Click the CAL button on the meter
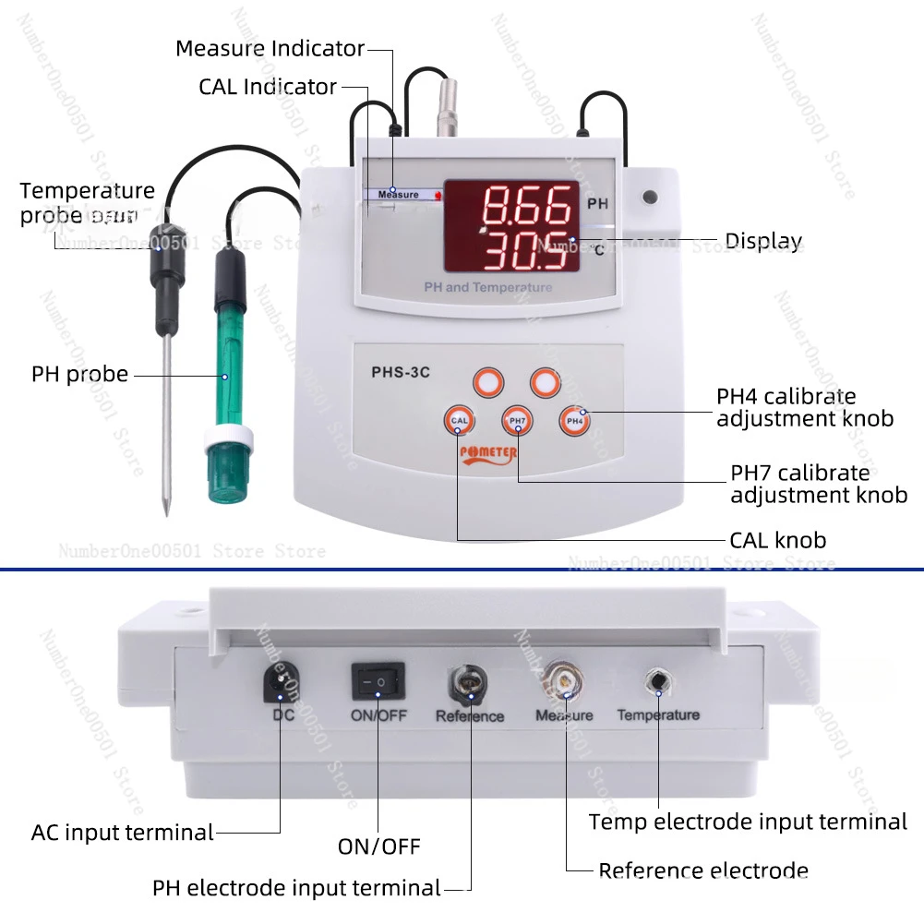(461, 421)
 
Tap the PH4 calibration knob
(574, 421)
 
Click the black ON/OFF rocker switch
(378, 682)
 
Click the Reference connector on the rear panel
(466, 684)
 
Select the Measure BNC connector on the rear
(563, 681)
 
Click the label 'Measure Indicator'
(270, 48)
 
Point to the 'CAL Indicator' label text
(268, 87)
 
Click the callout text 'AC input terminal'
(123, 833)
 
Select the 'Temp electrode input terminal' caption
(748, 822)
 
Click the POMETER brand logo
(488, 453)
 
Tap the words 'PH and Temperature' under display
(487, 287)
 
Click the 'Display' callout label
(762, 242)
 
